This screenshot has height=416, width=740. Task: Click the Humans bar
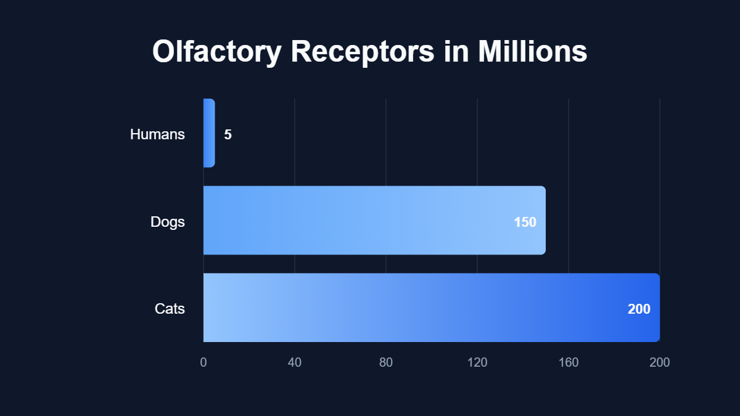click(209, 133)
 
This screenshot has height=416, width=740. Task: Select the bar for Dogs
click(370, 220)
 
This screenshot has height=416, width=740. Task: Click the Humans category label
click(157, 134)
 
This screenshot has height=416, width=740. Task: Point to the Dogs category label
click(168, 222)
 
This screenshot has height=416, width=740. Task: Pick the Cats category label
click(170, 309)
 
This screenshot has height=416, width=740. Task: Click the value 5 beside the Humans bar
click(228, 134)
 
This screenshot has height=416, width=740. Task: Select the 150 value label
click(525, 222)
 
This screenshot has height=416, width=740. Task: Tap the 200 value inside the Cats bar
click(639, 309)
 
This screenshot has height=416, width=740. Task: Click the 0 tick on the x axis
click(203, 362)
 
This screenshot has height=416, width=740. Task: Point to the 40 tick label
click(295, 362)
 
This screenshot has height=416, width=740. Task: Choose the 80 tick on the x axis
click(386, 362)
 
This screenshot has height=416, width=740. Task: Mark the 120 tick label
click(477, 362)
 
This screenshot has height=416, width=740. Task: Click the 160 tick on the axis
click(569, 362)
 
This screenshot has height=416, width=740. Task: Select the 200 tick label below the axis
click(659, 362)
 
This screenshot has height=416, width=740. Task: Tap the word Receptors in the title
click(363, 52)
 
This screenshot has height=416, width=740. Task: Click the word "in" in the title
click(456, 52)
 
